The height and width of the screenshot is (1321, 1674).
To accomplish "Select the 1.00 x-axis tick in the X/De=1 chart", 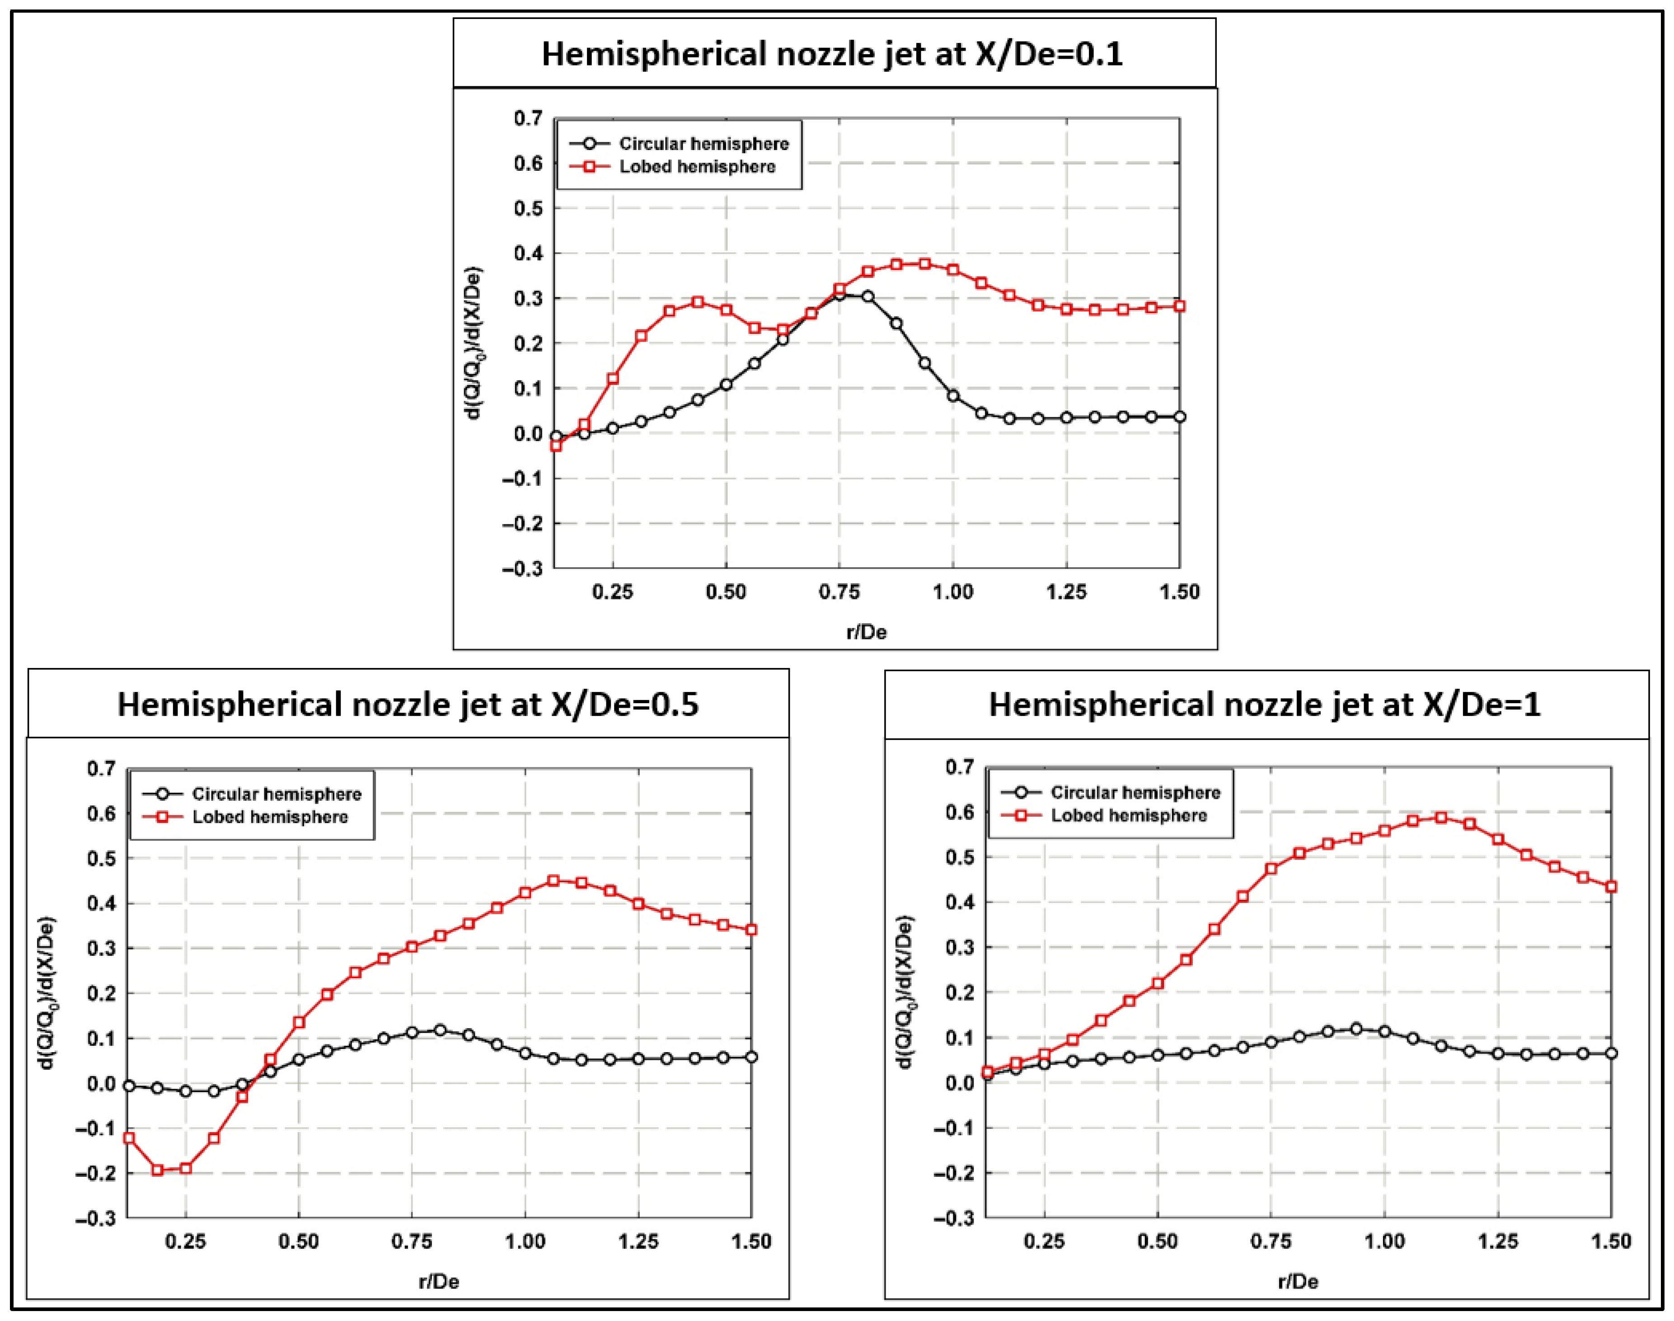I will tap(1384, 1242).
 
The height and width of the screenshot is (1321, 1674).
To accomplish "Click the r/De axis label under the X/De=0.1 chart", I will tap(866, 632).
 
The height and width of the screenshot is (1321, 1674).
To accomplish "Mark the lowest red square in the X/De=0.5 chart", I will tap(158, 1170).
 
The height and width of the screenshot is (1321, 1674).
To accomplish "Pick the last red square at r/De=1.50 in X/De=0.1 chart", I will tap(1179, 306).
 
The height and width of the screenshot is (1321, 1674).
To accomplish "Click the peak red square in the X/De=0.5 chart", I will tap(553, 881).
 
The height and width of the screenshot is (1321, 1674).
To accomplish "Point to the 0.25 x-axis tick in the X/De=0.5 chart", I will tap(186, 1242).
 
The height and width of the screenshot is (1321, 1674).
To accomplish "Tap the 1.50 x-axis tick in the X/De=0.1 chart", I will tap(1179, 592).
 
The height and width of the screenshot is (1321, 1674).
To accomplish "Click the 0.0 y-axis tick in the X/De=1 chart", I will tap(960, 1083).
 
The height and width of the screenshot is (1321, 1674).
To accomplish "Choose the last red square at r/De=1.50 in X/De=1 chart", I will tap(1611, 886).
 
